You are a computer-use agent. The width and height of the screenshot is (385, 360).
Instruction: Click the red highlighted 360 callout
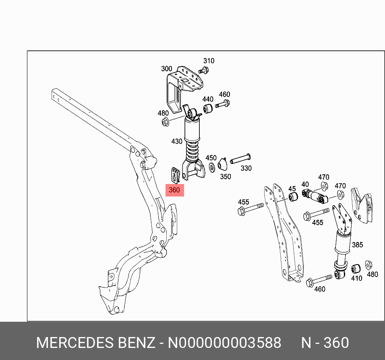174,190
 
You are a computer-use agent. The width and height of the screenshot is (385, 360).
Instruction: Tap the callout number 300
166,68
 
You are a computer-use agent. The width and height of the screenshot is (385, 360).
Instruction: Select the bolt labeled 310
204,71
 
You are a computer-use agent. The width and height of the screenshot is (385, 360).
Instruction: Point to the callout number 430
177,141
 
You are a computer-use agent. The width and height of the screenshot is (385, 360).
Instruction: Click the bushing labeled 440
208,109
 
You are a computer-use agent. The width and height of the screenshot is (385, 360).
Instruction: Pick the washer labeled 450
211,167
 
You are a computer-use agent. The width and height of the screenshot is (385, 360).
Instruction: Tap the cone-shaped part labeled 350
222,165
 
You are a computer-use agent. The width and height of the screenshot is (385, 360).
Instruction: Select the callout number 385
357,245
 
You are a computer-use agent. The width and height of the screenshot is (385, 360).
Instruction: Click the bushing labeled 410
356,269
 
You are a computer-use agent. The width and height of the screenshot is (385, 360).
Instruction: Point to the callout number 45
292,188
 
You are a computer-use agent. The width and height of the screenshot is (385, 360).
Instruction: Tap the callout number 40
305,184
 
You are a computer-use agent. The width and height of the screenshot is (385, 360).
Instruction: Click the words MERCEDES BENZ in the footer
95,343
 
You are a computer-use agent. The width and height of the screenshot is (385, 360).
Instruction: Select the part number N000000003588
224,343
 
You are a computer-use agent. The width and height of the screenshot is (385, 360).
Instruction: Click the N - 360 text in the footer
325,343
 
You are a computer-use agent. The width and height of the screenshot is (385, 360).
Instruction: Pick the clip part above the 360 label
174,175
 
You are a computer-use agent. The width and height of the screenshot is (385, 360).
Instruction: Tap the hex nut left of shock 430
165,122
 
